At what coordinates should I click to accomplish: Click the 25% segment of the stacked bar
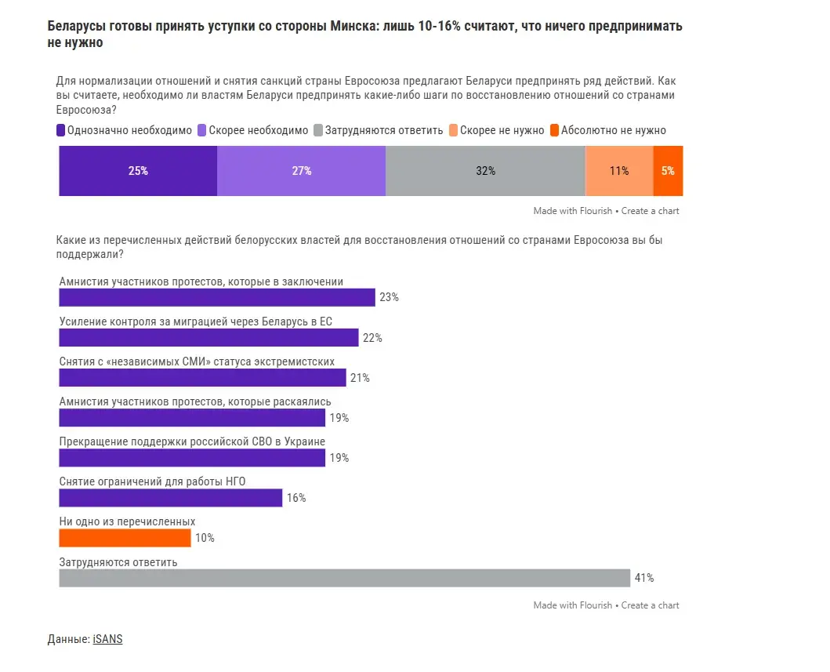pyautogui.click(x=138, y=171)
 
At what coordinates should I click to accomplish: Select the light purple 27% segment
pyautogui.click(x=302, y=171)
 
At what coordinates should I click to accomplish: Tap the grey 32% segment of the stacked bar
pyautogui.click(x=485, y=171)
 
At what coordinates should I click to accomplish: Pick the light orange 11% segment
pyautogui.click(x=619, y=171)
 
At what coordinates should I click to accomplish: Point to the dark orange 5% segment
pyautogui.click(x=668, y=171)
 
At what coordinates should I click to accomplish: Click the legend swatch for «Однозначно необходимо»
pyautogui.click(x=61, y=130)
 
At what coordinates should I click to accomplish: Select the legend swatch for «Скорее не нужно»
pyautogui.click(x=453, y=130)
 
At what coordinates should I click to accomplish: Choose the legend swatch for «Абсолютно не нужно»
pyautogui.click(x=555, y=130)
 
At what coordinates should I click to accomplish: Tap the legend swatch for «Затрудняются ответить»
pyautogui.click(x=318, y=130)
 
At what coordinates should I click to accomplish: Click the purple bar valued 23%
pyautogui.click(x=217, y=297)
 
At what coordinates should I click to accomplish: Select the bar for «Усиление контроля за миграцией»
pyautogui.click(x=208, y=337)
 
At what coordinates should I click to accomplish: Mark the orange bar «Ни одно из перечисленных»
pyautogui.click(x=125, y=538)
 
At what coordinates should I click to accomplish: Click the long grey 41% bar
pyautogui.click(x=345, y=578)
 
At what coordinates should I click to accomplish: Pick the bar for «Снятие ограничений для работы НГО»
pyautogui.click(x=171, y=498)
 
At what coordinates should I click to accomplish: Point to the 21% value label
pyautogui.click(x=360, y=378)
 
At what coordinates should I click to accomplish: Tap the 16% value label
pyautogui.click(x=296, y=498)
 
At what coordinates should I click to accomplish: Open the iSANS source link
pyautogui.click(x=107, y=639)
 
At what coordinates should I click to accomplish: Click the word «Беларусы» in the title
pyautogui.click(x=70, y=26)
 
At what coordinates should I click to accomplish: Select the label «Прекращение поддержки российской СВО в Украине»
pyautogui.click(x=192, y=441)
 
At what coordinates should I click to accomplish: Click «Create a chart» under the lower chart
pyautogui.click(x=651, y=605)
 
